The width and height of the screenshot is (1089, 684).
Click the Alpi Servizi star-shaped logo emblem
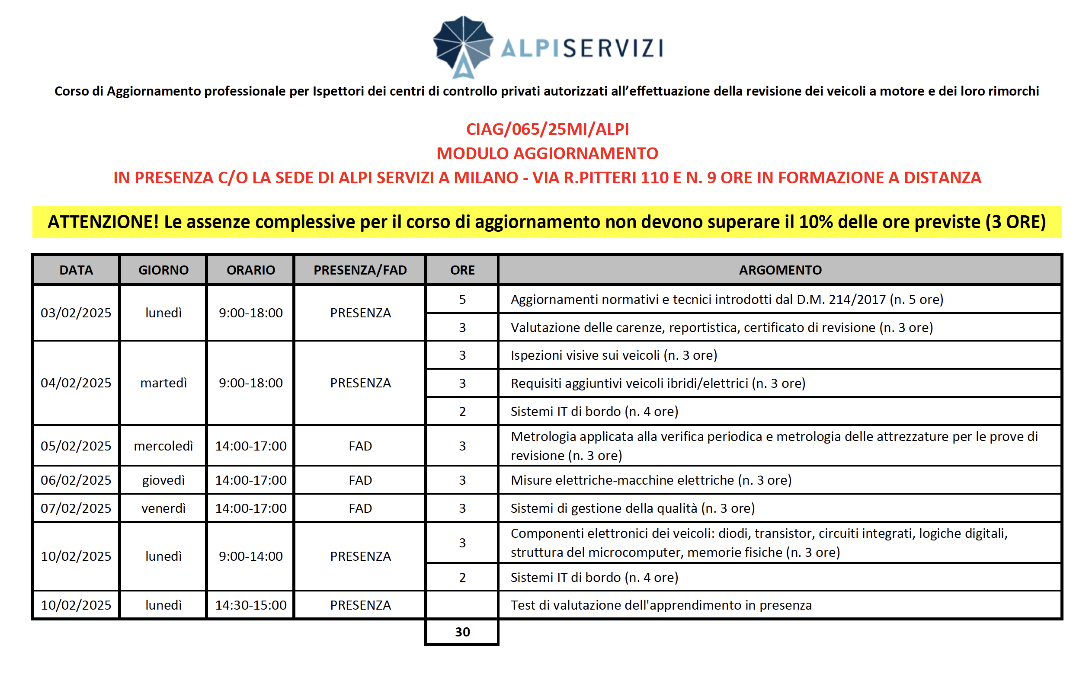point(463,46)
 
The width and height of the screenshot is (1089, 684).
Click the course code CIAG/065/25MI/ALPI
point(547,129)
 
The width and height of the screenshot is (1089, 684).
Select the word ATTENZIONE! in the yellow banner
point(103,222)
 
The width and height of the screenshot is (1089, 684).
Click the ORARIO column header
point(250,270)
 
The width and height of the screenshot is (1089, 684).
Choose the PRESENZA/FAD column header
point(360,270)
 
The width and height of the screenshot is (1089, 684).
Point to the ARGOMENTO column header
point(780,270)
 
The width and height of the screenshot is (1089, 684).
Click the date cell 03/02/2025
point(76,313)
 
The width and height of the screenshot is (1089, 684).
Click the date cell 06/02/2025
point(76,479)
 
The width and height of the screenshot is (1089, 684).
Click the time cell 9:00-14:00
point(250,556)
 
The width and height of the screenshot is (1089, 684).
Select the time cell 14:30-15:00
point(250,605)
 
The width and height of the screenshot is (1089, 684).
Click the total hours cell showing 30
point(462,632)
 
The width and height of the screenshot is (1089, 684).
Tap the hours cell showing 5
point(462,299)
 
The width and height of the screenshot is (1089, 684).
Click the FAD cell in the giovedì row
point(360,479)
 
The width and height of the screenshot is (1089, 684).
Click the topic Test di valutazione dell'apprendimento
point(661,605)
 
